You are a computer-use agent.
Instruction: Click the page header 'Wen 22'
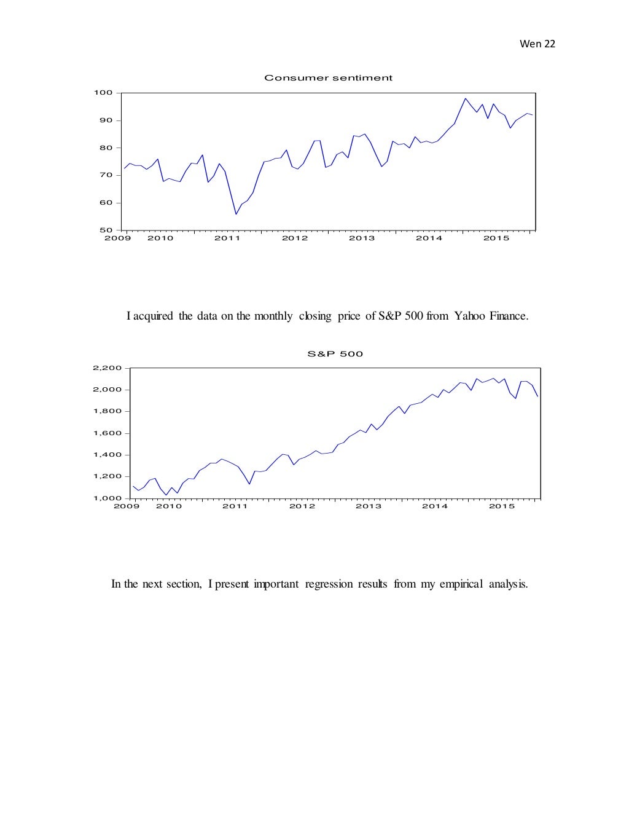[x=537, y=44]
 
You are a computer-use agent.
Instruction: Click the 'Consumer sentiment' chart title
[x=328, y=78]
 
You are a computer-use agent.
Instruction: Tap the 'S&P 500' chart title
[x=335, y=354]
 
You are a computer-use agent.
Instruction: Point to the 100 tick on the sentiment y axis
[x=103, y=93]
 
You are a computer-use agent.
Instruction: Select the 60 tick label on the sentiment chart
[x=106, y=203]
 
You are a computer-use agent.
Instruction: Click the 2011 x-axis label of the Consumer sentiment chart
[x=227, y=238]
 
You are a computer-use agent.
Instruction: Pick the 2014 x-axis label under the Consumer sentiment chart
[x=429, y=238]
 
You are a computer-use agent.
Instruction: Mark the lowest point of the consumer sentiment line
[x=236, y=214]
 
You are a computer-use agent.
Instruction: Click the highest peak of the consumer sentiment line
[x=465, y=98]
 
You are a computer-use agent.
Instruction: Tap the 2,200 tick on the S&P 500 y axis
[x=108, y=368]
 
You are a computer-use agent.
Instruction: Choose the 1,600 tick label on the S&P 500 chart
[x=108, y=433]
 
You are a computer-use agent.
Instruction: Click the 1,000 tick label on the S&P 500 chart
[x=108, y=498]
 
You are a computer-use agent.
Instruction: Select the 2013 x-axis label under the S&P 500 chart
[x=369, y=506]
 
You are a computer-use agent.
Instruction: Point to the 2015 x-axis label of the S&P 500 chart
[x=501, y=506]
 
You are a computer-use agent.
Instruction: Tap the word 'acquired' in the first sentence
[x=154, y=317]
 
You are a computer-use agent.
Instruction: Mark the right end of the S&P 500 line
[x=537, y=396]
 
